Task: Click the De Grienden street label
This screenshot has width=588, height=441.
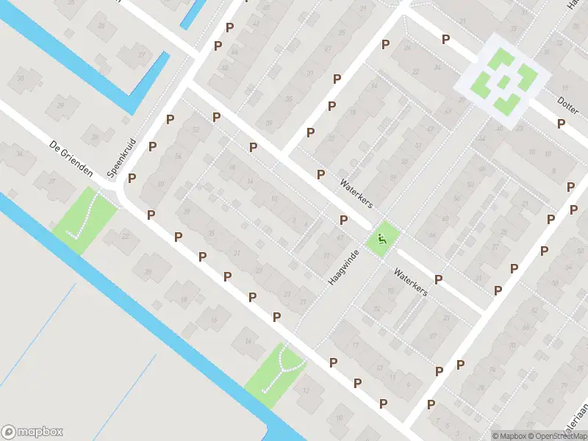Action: (x=71, y=157)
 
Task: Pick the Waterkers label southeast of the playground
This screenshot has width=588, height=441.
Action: (x=410, y=282)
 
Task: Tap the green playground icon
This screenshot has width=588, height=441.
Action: (x=381, y=238)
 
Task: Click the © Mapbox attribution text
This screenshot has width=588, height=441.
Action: (x=510, y=435)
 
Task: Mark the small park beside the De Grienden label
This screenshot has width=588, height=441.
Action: (x=85, y=219)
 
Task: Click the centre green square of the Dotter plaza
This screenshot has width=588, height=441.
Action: (x=503, y=81)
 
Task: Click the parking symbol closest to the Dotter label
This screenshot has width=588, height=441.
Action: (x=561, y=123)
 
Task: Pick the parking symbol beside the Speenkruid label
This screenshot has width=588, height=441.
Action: (x=132, y=178)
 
